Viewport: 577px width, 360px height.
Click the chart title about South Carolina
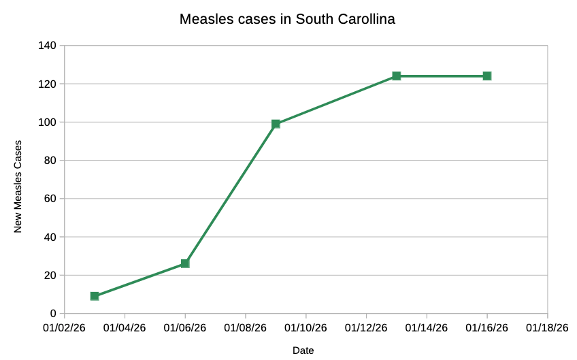tap(287, 19)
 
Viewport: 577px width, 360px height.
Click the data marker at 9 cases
tap(95, 296)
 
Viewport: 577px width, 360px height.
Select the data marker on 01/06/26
tap(185, 263)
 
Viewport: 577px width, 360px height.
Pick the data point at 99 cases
tap(276, 124)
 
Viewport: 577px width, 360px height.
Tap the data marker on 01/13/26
tap(397, 76)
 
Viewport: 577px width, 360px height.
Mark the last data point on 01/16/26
tap(487, 76)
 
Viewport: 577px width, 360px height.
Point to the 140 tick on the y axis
tap(50, 46)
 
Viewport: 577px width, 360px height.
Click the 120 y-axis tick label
tap(50, 84)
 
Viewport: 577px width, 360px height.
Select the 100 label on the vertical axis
tap(50, 122)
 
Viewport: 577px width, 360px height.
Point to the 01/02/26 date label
tap(65, 327)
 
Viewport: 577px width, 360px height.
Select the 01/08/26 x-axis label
tap(246, 327)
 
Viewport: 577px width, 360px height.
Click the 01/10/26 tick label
tap(306, 327)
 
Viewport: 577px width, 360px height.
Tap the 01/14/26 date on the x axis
tap(427, 327)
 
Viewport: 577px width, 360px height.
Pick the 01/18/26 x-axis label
tap(548, 327)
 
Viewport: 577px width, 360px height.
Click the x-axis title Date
tap(303, 350)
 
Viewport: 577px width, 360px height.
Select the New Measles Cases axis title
tap(18, 186)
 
